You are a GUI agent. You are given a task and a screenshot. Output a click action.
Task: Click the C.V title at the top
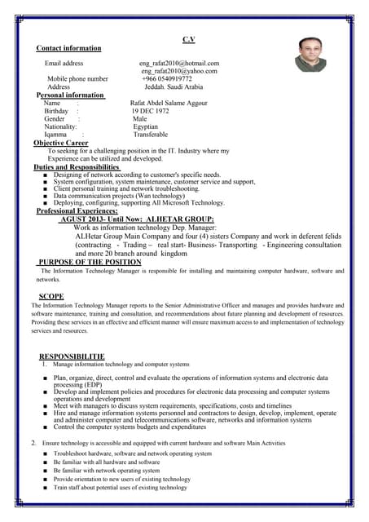tap(188, 39)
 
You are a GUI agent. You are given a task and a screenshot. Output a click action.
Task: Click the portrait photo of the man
tap(310, 55)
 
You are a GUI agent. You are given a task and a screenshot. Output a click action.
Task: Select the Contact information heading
tap(68, 49)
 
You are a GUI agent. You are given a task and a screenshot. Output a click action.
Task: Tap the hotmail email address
tap(179, 63)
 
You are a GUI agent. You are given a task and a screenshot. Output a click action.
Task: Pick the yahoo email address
tap(179, 71)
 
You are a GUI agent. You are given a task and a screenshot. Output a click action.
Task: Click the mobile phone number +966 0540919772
tap(167, 79)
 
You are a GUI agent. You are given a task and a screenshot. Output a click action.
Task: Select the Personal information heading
tap(71, 95)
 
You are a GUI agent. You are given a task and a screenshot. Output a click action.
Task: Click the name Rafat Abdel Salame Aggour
tap(169, 104)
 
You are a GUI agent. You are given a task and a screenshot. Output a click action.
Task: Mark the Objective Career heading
tap(61, 144)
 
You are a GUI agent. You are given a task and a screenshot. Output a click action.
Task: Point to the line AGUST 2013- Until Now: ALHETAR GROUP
tap(138, 219)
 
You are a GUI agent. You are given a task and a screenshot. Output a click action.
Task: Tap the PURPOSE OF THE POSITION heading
tap(90, 263)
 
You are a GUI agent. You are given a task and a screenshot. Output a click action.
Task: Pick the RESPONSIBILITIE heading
tap(72, 357)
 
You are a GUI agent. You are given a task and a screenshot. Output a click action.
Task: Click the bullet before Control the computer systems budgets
tap(46, 427)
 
